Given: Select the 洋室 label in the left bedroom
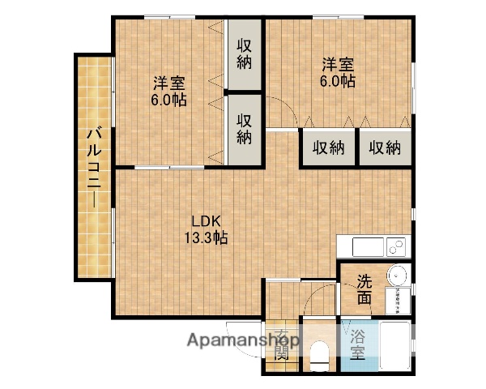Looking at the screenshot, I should (x=169, y=83).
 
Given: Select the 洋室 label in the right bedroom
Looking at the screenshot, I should (x=338, y=64).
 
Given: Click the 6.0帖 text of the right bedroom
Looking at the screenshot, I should (x=338, y=81).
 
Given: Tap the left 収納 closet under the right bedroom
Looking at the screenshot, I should (x=329, y=147).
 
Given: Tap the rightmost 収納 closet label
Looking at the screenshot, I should (x=385, y=147).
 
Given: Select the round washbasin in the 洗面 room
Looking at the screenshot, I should (x=396, y=275).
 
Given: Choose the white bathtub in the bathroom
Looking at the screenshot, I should (x=396, y=347).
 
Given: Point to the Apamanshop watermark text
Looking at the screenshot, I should (x=243, y=340).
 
